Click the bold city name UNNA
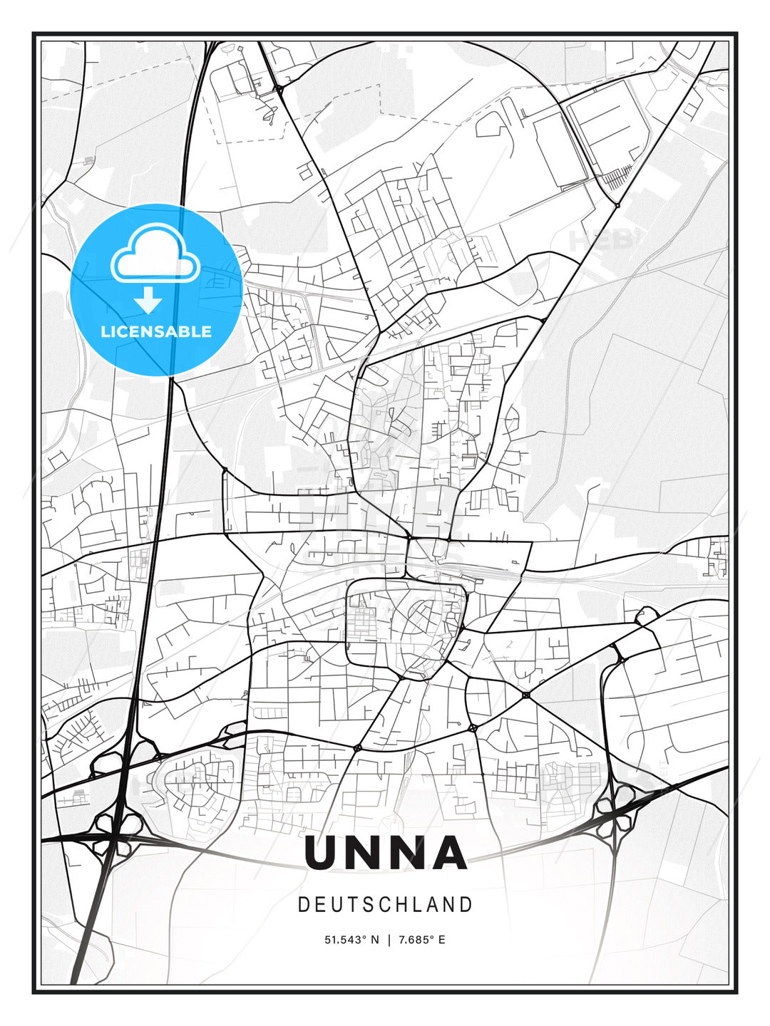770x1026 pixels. (385, 853)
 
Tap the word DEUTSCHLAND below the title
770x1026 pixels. (385, 905)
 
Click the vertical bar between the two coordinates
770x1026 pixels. (389, 940)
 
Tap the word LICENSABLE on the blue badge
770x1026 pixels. (156, 331)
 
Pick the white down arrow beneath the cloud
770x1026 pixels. (148, 300)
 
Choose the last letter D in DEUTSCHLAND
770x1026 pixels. (466, 905)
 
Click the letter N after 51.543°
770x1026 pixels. (376, 940)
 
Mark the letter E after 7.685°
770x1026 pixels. (441, 940)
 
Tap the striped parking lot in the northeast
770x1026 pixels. (617, 175)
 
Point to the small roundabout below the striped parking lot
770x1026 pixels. (617, 205)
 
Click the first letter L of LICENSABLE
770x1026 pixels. (105, 331)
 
